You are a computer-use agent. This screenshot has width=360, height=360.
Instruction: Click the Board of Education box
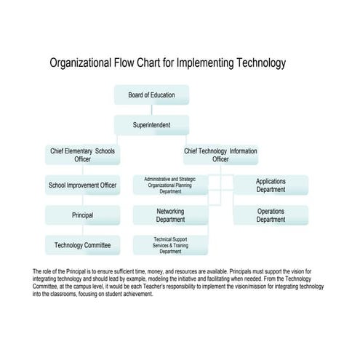click(151, 95)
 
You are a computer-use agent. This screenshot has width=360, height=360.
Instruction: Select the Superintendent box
click(151, 125)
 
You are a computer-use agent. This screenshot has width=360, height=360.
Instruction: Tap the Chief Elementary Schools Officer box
click(82, 155)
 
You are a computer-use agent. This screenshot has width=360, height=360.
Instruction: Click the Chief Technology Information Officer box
click(220, 155)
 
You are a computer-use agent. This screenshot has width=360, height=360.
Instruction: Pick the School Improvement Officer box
click(82, 185)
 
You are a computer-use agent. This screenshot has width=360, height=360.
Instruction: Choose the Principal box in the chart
click(82, 215)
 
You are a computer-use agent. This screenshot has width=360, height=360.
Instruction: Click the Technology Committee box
click(82, 245)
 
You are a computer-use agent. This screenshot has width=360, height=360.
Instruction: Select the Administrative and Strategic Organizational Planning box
click(170, 185)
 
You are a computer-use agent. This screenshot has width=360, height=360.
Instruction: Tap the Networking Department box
click(170, 215)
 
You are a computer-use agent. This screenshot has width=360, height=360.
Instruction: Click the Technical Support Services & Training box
click(170, 245)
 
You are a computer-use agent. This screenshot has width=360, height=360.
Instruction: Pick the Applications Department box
click(271, 185)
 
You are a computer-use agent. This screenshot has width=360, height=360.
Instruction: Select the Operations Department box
click(271, 215)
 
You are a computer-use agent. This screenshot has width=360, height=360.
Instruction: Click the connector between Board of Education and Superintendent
click(151, 110)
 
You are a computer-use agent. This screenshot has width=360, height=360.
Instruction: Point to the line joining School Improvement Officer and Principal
click(82, 200)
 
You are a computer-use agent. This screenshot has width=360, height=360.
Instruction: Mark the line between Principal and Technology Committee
click(82, 230)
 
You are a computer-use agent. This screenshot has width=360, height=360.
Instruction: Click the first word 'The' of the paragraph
click(38, 271)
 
